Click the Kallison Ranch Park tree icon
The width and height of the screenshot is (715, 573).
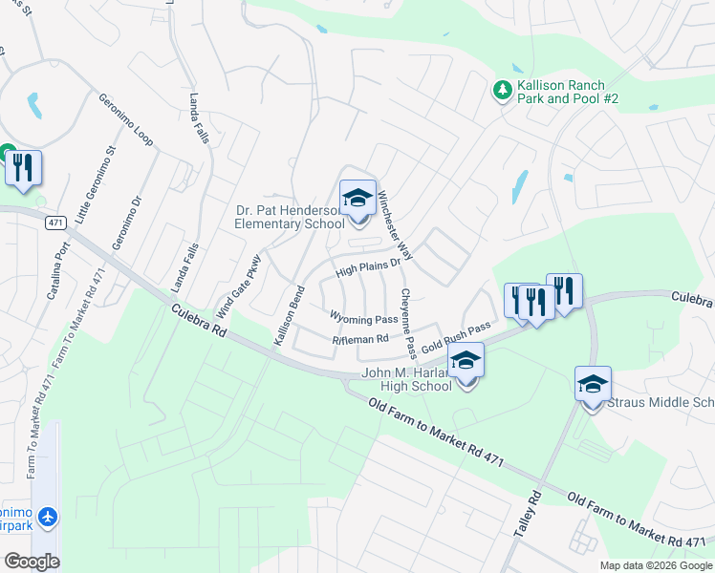point(501,90)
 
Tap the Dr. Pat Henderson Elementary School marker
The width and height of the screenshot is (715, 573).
point(357,199)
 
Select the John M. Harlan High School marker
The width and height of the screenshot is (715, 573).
point(466,362)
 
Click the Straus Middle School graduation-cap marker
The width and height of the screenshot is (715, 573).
point(593,385)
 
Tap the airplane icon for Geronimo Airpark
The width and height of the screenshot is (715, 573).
point(48,517)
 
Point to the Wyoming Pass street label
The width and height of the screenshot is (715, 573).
point(363,318)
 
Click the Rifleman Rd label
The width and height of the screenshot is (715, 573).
point(360,339)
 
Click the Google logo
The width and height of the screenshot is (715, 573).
point(32,561)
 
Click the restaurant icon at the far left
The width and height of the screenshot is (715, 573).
point(23,168)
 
